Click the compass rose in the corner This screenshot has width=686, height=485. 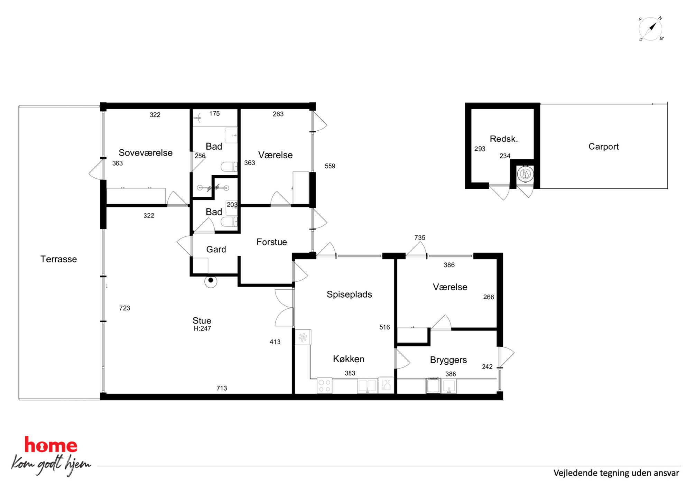(x=650, y=29)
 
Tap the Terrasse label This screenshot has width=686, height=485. (x=58, y=259)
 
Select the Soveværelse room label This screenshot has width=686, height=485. (x=146, y=152)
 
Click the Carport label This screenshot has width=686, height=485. (x=603, y=147)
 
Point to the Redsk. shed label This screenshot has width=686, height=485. (x=504, y=139)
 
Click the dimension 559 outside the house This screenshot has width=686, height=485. (x=330, y=166)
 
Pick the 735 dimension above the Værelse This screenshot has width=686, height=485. (x=420, y=237)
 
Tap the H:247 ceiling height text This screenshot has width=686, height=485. (x=202, y=328)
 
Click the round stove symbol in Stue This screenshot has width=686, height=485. (x=211, y=281)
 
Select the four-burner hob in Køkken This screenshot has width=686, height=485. (x=324, y=386)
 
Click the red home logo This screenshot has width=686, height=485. (x=51, y=445)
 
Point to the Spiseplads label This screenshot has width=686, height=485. (x=349, y=295)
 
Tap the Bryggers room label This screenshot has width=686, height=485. (x=448, y=360)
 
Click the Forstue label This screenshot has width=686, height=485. (x=271, y=242)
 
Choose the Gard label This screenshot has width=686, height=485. (x=216, y=249)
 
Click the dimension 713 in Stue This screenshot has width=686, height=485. (x=222, y=388)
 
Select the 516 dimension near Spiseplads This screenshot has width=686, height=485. (x=384, y=327)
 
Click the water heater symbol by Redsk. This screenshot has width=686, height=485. (x=525, y=174)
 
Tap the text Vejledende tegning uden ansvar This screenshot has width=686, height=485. (x=616, y=473)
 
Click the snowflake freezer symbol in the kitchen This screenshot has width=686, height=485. (x=303, y=337)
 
